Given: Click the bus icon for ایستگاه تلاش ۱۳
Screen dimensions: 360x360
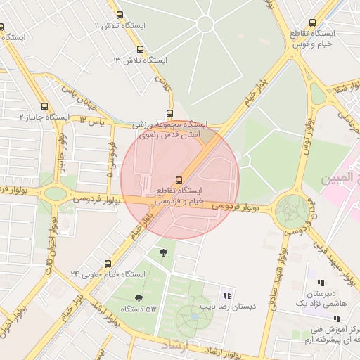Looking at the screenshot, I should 141,50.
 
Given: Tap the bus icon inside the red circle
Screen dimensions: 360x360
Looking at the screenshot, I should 179,179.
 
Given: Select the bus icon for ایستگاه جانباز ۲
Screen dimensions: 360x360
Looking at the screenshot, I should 45,106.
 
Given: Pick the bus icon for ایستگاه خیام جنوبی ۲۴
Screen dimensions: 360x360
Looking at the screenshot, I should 108,263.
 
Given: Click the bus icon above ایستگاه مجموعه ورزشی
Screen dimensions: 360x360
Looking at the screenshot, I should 169,113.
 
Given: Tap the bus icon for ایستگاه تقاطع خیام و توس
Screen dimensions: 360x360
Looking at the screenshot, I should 313,22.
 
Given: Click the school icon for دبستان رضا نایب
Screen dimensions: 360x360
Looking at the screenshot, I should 226,295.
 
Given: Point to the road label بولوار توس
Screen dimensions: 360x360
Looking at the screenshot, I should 307,138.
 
